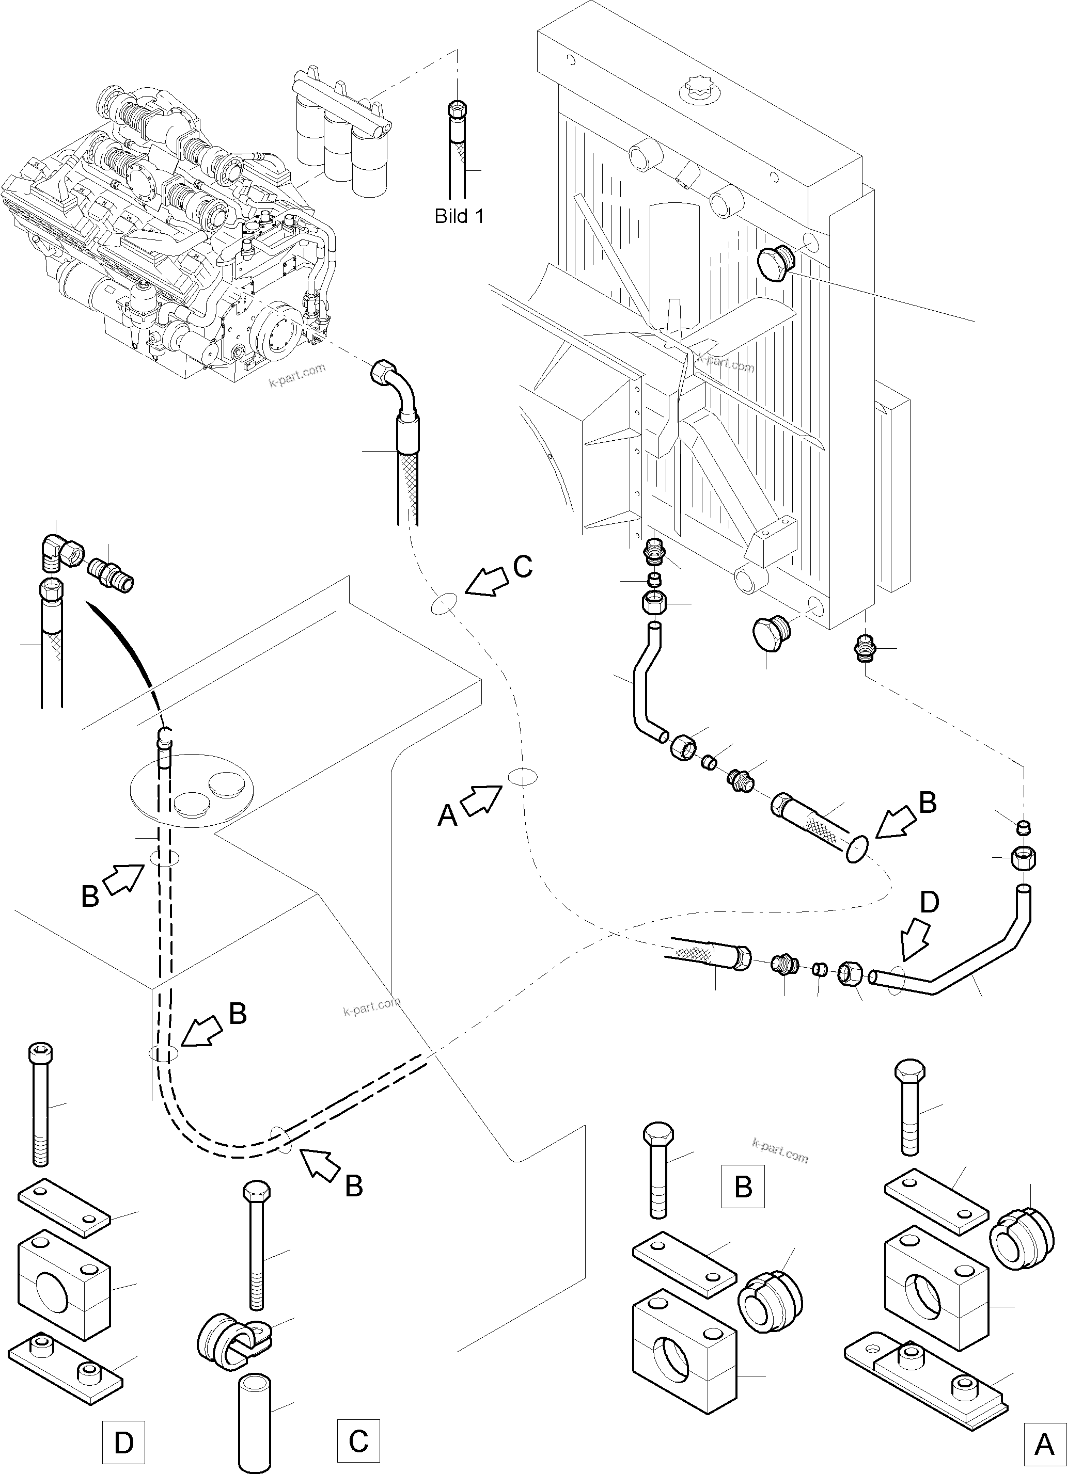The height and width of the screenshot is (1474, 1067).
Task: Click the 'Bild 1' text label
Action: coord(459,216)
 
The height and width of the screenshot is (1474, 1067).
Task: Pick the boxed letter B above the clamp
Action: coord(743,1186)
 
